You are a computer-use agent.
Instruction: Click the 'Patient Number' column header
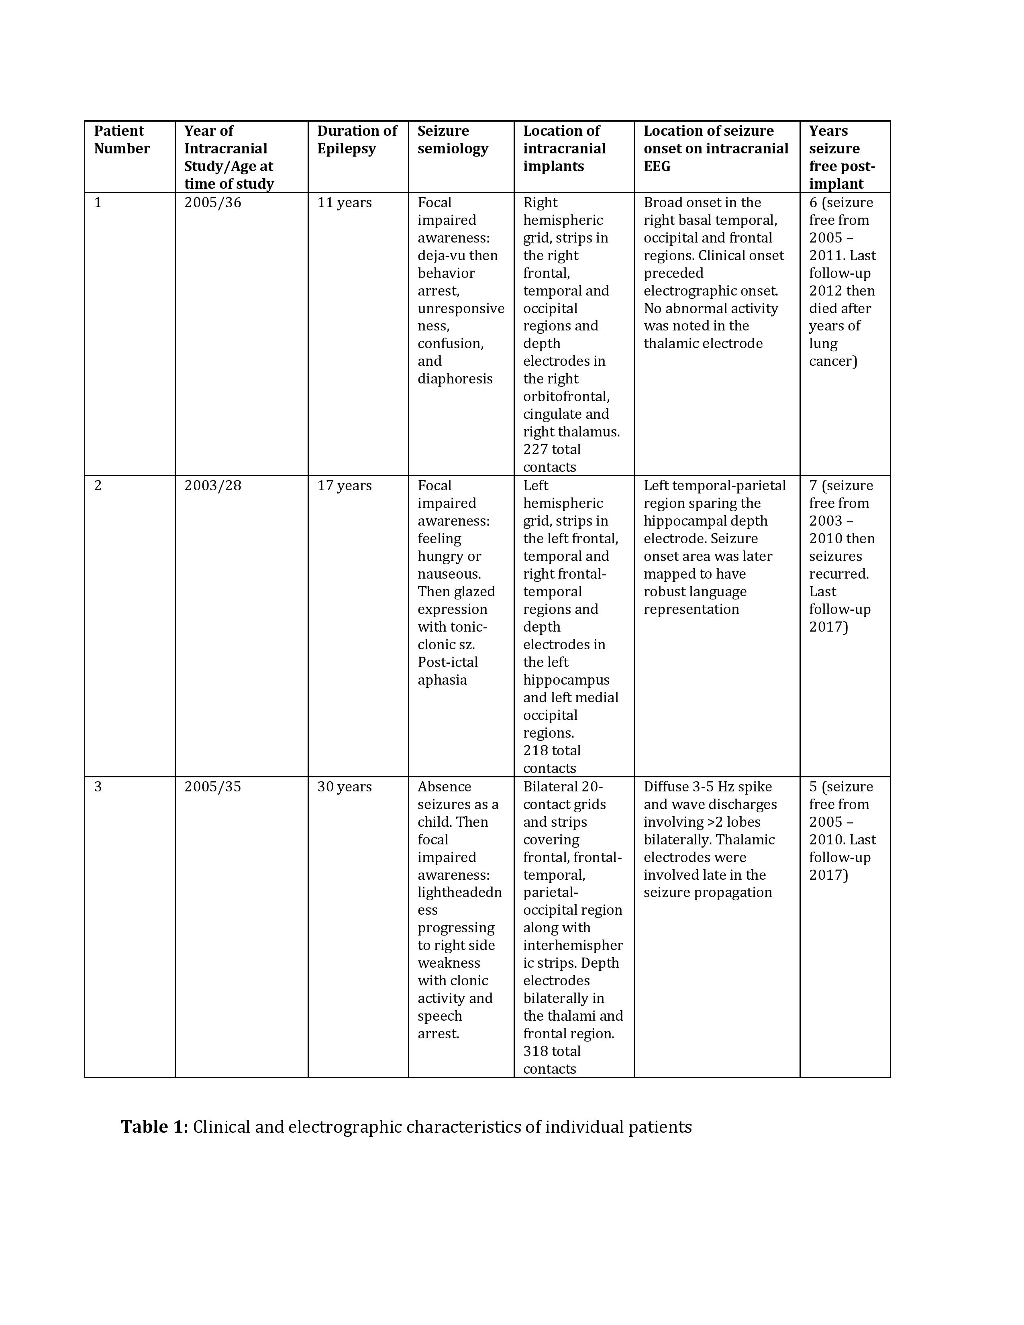click(121, 140)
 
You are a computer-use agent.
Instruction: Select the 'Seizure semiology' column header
click(453, 140)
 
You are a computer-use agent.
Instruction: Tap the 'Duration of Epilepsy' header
click(357, 140)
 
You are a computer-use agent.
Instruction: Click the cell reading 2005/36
click(212, 203)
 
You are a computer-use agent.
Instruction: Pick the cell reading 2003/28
click(212, 486)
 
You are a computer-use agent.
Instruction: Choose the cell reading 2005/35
click(212, 787)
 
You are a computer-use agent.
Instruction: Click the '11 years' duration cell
click(344, 203)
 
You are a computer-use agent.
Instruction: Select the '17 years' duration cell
click(344, 486)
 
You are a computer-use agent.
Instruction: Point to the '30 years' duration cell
click(344, 787)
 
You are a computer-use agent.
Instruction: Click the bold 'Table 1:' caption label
click(154, 1127)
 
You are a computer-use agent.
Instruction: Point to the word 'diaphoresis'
click(455, 379)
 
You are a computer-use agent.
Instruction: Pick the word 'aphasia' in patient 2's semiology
click(442, 680)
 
